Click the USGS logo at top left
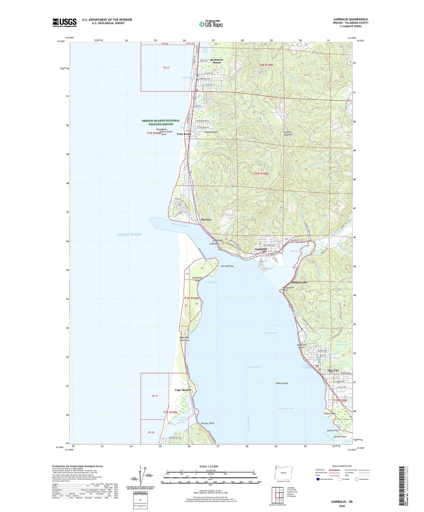[x=64, y=23]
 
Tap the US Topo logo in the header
[x=211, y=24]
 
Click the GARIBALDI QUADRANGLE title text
[x=350, y=19]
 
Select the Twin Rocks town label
[x=184, y=134]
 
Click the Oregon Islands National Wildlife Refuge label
[x=161, y=122]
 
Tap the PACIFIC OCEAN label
[x=129, y=234]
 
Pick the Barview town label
[x=206, y=219]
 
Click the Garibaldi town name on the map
[x=261, y=249]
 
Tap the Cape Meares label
[x=183, y=390]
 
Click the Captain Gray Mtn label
[x=288, y=133]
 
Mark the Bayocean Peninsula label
[x=184, y=339]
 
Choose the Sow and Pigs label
[x=227, y=266]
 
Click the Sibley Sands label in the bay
[x=282, y=383]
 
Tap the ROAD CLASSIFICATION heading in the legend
[x=342, y=466]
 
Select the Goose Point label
[x=330, y=413]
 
